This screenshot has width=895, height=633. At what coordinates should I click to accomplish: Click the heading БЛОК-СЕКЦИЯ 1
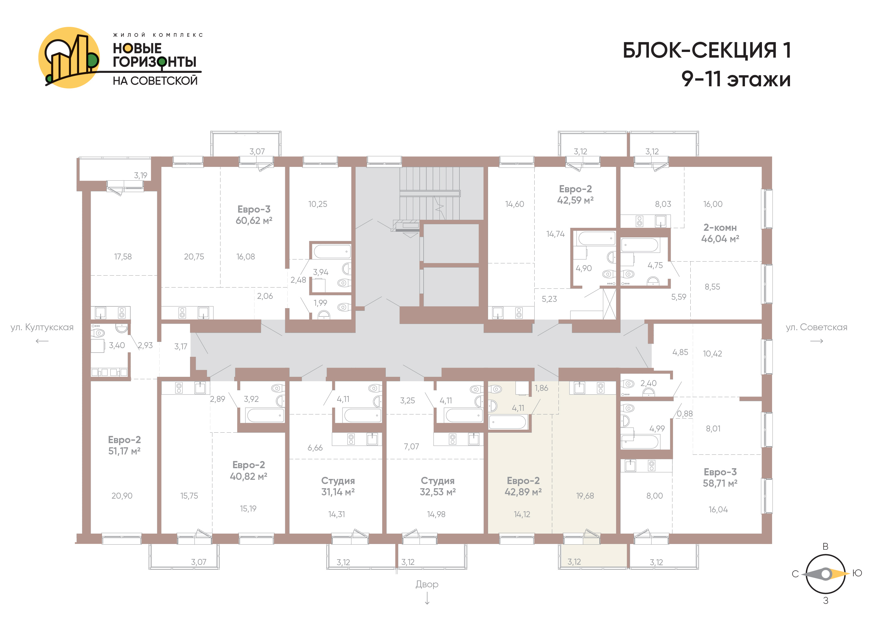tap(707, 50)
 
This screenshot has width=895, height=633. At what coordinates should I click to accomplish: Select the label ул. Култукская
tap(42, 327)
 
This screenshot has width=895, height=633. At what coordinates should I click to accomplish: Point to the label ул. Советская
tap(817, 327)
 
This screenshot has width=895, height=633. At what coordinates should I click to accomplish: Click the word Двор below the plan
tap(427, 584)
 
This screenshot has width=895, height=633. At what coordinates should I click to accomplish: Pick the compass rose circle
tap(825, 574)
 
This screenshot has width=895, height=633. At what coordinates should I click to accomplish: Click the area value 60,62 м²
tap(254, 220)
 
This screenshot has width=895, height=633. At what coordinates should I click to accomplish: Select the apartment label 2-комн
tap(720, 228)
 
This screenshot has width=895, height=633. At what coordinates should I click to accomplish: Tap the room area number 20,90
tap(122, 496)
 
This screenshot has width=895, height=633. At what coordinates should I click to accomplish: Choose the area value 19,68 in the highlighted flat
tap(585, 496)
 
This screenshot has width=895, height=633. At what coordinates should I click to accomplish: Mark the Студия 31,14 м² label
tap(338, 486)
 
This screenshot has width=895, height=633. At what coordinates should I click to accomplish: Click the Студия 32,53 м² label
tap(438, 486)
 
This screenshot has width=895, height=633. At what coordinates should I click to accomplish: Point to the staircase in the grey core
tap(430, 193)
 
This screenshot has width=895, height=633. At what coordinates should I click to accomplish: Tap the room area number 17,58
tap(123, 256)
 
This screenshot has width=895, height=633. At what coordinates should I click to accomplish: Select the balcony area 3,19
tap(141, 176)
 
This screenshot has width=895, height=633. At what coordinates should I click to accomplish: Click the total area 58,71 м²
tap(720, 483)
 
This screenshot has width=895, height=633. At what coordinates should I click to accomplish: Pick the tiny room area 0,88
tap(685, 414)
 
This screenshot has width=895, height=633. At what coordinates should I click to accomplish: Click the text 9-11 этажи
tap(736, 79)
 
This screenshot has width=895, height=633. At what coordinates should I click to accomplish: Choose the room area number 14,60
tap(515, 204)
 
